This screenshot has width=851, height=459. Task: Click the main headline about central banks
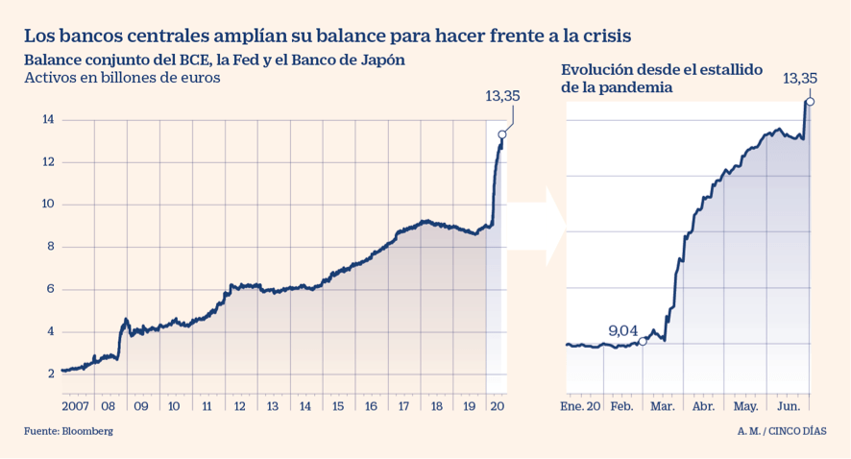tap(328, 36)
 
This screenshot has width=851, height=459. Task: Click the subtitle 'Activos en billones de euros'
tap(123, 79)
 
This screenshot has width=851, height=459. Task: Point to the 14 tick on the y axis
tap(47, 120)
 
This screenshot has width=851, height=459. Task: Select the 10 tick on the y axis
tap(47, 205)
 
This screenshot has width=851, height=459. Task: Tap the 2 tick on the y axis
tap(51, 374)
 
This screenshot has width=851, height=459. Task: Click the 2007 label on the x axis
tap(77, 405)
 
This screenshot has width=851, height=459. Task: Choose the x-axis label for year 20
tap(498, 405)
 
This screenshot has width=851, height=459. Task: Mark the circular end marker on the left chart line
tap(501, 135)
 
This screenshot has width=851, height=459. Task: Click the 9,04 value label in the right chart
tap(623, 330)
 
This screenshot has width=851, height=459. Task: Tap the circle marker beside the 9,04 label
tap(643, 342)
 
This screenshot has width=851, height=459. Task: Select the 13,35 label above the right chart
tap(800, 78)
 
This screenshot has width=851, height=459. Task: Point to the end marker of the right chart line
tap(811, 101)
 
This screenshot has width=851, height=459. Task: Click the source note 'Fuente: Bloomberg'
tap(68, 432)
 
